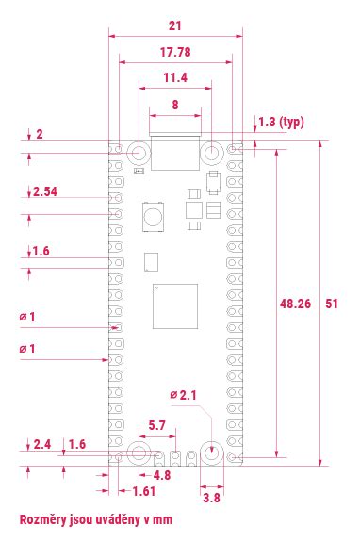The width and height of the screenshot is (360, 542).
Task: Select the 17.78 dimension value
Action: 176,52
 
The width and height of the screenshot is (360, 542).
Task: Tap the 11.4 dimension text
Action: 175,77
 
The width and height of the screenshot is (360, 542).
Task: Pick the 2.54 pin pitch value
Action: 45,191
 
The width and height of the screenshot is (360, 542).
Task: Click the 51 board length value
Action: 333,304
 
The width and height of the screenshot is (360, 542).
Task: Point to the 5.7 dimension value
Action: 157,426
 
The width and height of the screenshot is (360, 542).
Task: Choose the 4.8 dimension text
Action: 161,475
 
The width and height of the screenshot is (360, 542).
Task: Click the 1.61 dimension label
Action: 144,492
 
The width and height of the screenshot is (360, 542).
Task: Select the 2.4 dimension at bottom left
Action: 42,444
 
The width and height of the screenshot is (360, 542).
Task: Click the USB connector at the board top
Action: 174,154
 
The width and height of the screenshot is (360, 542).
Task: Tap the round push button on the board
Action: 152,218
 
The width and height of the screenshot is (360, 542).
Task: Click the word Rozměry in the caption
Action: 44,518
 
